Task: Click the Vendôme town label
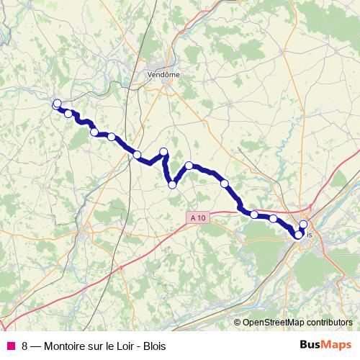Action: pyautogui.click(x=163, y=74)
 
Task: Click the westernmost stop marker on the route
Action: pyautogui.click(x=57, y=104)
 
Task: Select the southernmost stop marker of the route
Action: pyautogui.click(x=299, y=235)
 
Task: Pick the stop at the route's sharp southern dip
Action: pyautogui.click(x=172, y=184)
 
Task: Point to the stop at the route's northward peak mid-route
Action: pyautogui.click(x=163, y=151)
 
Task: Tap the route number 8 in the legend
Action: pyautogui.click(x=25, y=344)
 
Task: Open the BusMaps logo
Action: pyautogui.click(x=325, y=343)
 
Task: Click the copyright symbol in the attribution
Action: pyautogui.click(x=238, y=323)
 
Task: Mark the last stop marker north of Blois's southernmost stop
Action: pyautogui.click(x=304, y=224)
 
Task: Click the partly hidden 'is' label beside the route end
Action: pyautogui.click(x=310, y=235)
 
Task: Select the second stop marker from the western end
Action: pyautogui.click(x=68, y=113)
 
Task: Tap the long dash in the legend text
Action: pyautogui.click(x=36, y=344)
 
